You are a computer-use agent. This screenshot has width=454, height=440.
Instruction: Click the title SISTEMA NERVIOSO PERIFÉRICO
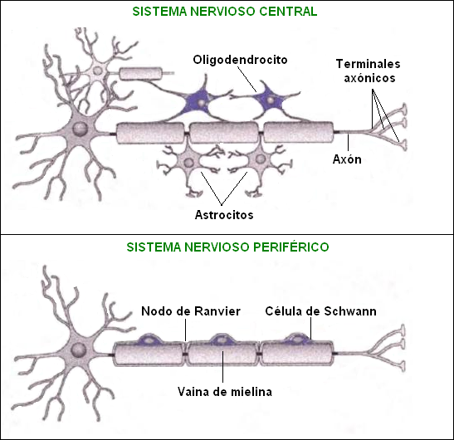pyautogui.click(x=227, y=247)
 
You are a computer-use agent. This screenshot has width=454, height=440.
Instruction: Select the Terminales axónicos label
pyautogui.click(x=369, y=71)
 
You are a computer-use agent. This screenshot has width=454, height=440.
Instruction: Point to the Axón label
pyautogui.click(x=347, y=159)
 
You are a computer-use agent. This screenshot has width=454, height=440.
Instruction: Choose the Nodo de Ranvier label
pyautogui.click(x=191, y=311)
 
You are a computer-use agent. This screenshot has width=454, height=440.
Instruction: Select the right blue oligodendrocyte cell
pyautogui.click(x=271, y=100)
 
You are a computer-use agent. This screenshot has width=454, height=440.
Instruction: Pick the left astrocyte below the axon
pyautogui.click(x=189, y=162)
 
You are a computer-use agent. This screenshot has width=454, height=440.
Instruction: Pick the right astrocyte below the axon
pyautogui.click(x=260, y=160)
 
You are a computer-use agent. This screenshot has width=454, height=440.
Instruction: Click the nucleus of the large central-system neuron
pyautogui.click(x=80, y=129)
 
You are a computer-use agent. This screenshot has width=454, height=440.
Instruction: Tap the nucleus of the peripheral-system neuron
pyautogui.click(x=83, y=350)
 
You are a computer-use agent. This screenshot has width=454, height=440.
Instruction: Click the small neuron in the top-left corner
pyautogui.click(x=97, y=71)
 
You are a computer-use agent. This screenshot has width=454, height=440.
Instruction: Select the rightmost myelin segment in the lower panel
pyautogui.click(x=297, y=352)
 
